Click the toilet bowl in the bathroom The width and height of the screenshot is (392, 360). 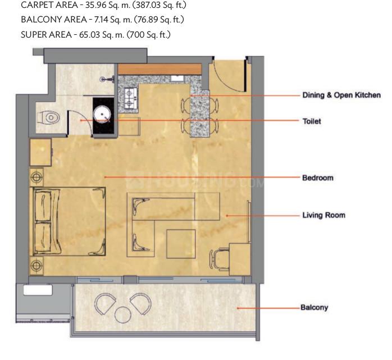pyautogui.click(x=48, y=117)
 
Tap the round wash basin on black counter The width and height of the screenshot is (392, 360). pyautogui.click(x=102, y=115)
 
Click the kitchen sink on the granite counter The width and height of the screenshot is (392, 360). pyautogui.click(x=178, y=79)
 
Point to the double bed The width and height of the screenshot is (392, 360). pyautogui.click(x=67, y=221)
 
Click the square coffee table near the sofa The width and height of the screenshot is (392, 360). pyautogui.click(x=181, y=244)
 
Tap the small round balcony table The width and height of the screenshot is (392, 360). pyautogui.click(x=123, y=315)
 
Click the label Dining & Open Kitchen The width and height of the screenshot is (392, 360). pyautogui.click(x=341, y=95)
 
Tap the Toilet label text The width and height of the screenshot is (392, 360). pyautogui.click(x=312, y=121)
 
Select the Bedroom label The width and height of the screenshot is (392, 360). pyautogui.click(x=318, y=177)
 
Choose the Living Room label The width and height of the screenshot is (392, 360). pyautogui.click(x=323, y=215)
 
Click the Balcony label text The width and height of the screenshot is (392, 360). pyautogui.click(x=314, y=308)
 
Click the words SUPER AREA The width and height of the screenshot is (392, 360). pyautogui.click(x=46, y=34)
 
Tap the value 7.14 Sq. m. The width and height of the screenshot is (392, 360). pyautogui.click(x=113, y=20)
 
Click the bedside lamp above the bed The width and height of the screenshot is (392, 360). pyautogui.click(x=37, y=177)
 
